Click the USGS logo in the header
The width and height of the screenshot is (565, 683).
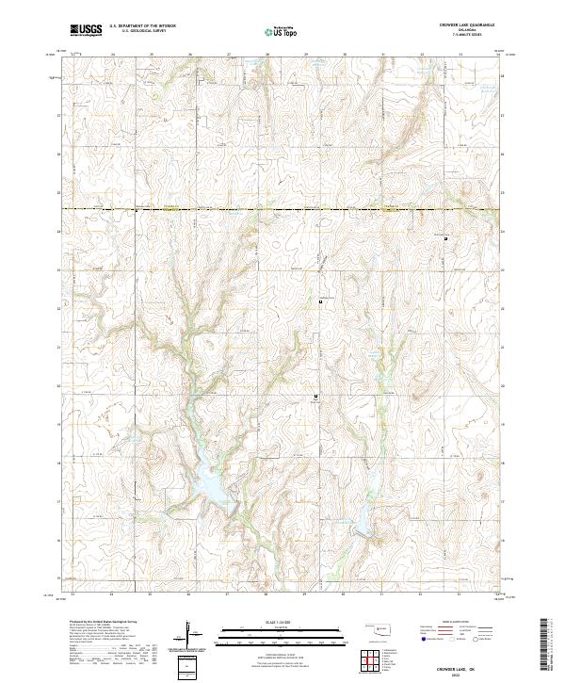[x=86, y=30]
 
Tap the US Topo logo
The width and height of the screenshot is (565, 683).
[x=282, y=31]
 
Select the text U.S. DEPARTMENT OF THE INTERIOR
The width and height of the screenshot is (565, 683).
[x=142, y=26]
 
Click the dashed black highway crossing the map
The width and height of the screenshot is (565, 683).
[x=282, y=208]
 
